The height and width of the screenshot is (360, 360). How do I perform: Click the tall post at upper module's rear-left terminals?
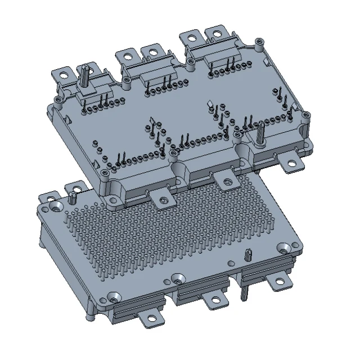83,74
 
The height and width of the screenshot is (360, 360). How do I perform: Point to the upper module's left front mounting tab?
162,199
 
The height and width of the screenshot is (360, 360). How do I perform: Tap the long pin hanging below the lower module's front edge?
244,291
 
